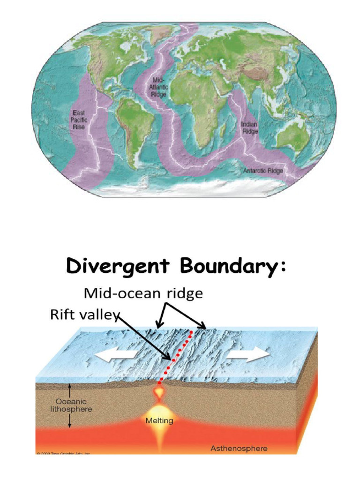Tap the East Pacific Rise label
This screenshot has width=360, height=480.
coord(79,120)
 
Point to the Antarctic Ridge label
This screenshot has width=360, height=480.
coord(263,171)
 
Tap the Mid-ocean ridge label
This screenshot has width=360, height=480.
coord(143,294)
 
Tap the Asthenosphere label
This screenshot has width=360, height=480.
coord(239,449)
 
